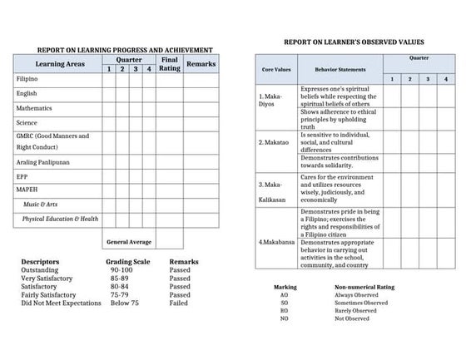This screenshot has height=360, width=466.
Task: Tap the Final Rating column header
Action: [x=169, y=64]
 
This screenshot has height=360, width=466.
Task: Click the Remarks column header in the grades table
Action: [x=202, y=63]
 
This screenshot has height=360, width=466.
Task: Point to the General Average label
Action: [x=129, y=241]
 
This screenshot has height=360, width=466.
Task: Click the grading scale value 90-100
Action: [x=121, y=270]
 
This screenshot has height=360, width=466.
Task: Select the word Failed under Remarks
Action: [x=179, y=303]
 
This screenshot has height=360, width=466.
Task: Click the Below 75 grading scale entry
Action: [x=123, y=303]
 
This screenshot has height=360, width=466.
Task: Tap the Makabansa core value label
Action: [x=275, y=242]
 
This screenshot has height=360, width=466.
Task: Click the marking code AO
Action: [x=284, y=294]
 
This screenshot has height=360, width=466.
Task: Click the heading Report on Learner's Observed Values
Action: [x=354, y=41]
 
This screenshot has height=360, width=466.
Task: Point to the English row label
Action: [x=27, y=93]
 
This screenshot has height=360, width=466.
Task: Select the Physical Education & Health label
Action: [x=61, y=219]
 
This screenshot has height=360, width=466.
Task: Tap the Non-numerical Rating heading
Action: [x=364, y=286]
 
